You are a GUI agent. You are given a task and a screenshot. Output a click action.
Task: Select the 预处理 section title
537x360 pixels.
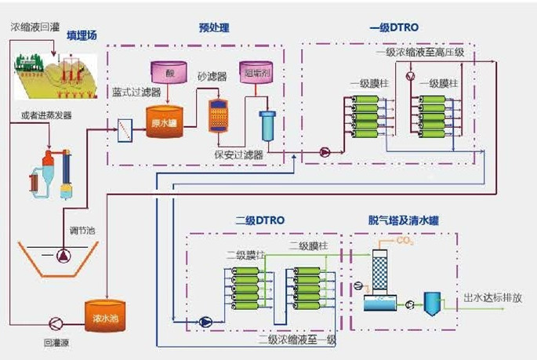point(214,28)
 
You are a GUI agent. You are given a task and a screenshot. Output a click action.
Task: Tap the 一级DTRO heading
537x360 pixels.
point(394,28)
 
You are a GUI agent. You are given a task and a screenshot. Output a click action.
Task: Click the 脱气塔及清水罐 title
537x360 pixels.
point(403,220)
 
